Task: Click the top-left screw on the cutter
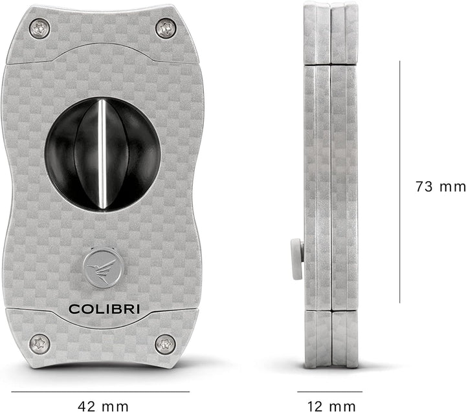tap(39, 28)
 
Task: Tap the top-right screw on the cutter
tap(166, 28)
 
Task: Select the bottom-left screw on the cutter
tap(39, 344)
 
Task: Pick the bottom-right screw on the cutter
tap(165, 345)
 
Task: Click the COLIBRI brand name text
tap(104, 309)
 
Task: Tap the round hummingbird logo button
tap(103, 266)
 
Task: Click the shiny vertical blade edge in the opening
tap(102, 155)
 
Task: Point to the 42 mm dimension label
tap(103, 406)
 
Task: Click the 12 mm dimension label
tap(331, 406)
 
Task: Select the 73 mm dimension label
tap(440, 187)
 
